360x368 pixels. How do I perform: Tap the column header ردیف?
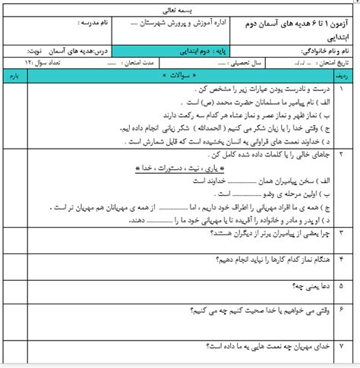[x=343, y=77]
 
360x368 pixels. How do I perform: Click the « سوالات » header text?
[x=178, y=77]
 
